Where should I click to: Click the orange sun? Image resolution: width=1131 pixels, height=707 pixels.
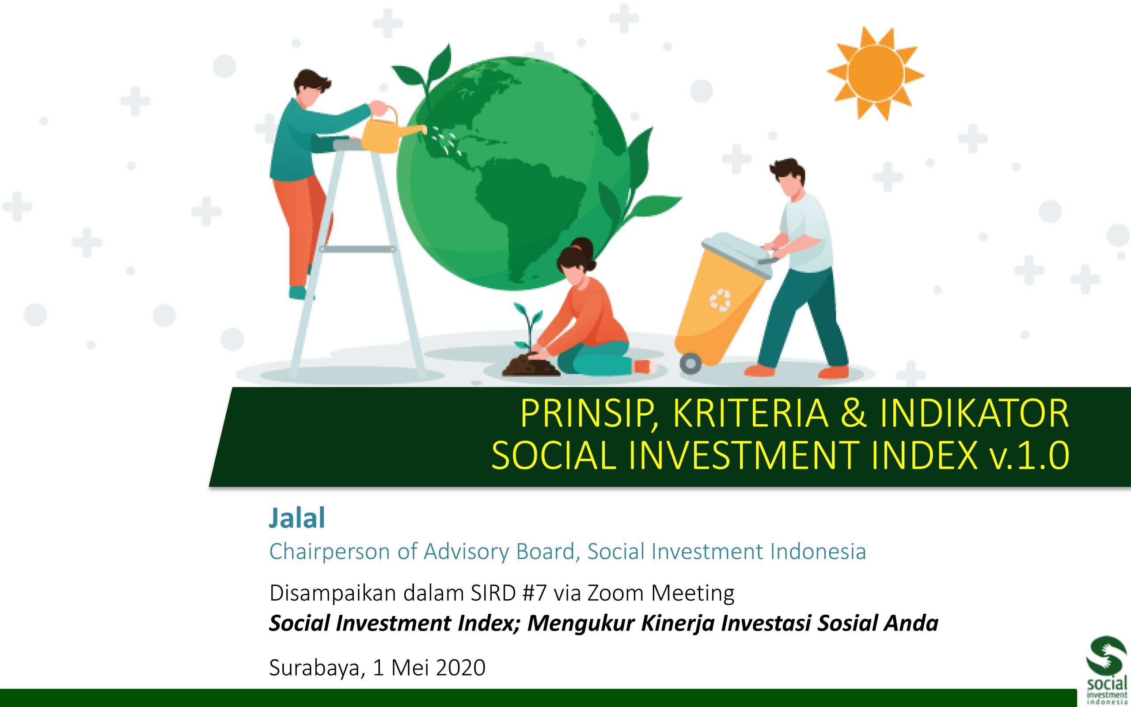click(875, 73)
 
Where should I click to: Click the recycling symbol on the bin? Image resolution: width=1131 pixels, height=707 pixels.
click(720, 300)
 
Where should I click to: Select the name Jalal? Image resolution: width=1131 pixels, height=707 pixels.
click(297, 518)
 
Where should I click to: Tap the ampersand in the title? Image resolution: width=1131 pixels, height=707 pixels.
click(853, 414)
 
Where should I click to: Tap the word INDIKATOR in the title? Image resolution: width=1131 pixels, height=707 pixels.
click(975, 414)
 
